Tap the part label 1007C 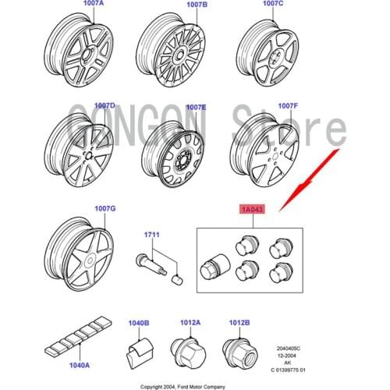pos(272,5)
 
